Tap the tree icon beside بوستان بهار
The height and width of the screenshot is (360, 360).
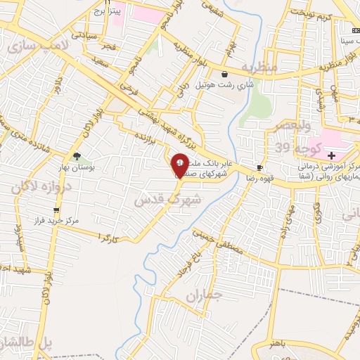point(77,157)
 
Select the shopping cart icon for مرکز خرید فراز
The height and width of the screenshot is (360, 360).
point(56,210)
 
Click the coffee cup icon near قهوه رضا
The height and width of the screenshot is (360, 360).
point(260,167)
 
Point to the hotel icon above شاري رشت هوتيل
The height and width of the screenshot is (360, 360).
point(224,74)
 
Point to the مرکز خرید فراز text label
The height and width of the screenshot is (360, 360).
point(86,219)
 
